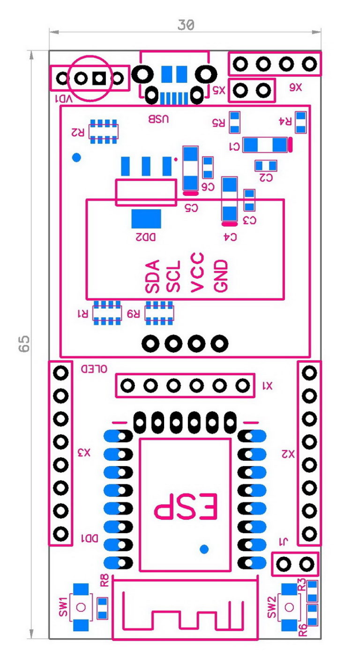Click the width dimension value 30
[x=186, y=25]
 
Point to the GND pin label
[x=220, y=276]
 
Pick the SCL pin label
[x=175, y=277]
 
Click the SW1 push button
[x=81, y=607]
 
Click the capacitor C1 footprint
[x=265, y=144]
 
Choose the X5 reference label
[x=219, y=90]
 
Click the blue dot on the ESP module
[x=203, y=548]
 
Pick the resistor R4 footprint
[x=300, y=121]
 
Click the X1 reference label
[x=267, y=386]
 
